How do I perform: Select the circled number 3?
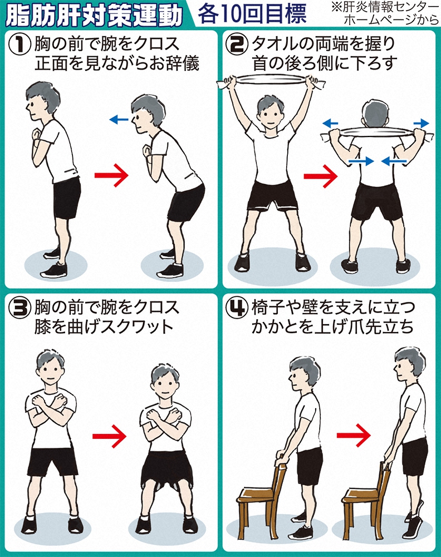coord(19,308)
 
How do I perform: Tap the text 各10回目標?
coord(252,14)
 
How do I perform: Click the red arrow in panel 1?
coord(111,175)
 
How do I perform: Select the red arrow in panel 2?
coord(321,176)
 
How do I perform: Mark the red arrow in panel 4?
coord(354,435)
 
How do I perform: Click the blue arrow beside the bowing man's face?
coord(119,120)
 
